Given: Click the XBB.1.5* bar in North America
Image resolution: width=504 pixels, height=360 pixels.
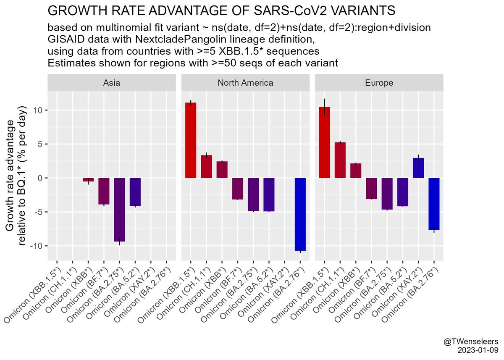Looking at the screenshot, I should (x=191, y=140).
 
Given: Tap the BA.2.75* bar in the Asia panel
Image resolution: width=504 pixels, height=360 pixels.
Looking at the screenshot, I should (x=120, y=210).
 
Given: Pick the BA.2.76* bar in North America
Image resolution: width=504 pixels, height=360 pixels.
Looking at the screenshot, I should (x=300, y=214).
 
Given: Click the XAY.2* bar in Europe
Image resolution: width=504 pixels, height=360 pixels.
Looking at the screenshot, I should (x=418, y=168).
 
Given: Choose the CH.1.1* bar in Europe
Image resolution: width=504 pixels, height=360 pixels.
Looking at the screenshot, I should (x=340, y=160).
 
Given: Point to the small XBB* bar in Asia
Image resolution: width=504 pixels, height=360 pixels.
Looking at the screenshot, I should (x=88, y=180).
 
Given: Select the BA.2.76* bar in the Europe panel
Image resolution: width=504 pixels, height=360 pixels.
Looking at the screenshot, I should (x=434, y=204).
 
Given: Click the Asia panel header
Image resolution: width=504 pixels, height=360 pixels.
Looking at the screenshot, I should (x=112, y=83).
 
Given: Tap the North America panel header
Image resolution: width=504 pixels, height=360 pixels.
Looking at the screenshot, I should (x=246, y=83).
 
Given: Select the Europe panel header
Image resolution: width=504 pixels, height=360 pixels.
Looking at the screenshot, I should (x=379, y=83).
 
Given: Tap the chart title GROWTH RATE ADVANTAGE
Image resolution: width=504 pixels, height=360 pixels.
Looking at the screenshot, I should (x=222, y=11).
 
